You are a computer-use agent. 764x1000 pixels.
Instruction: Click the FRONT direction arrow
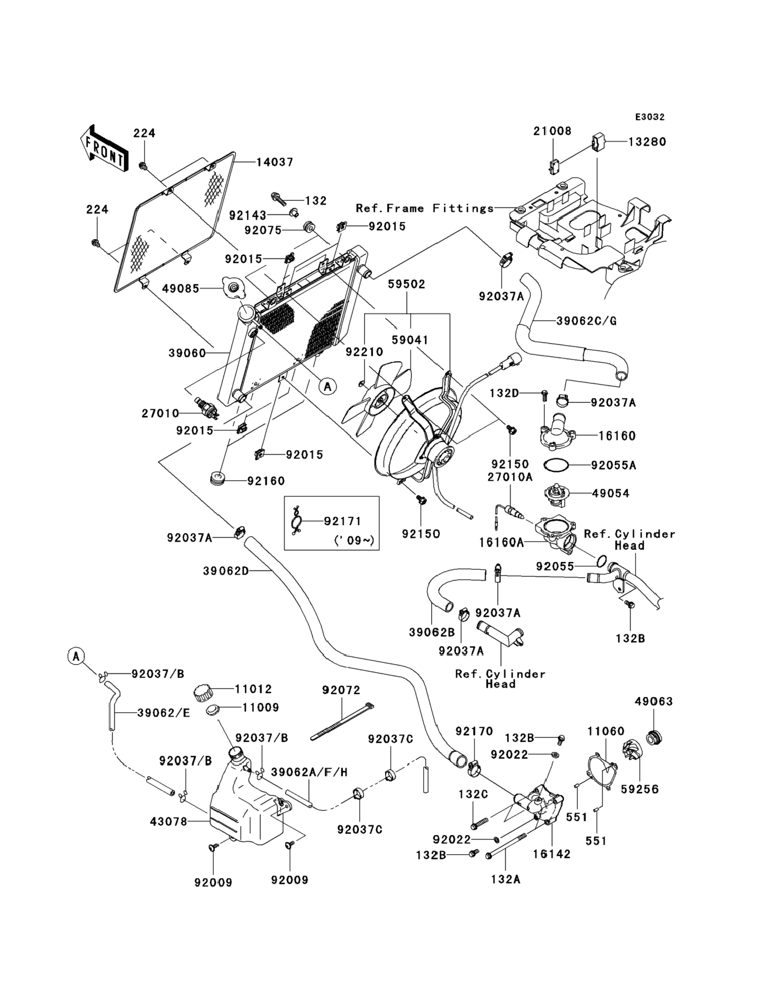104,149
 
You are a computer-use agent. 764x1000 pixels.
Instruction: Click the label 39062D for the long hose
226,571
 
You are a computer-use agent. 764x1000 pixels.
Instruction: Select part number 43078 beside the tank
168,822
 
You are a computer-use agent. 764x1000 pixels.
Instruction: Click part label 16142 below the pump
552,854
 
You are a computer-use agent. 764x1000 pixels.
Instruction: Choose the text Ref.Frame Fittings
425,208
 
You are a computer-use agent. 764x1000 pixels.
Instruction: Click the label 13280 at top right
647,142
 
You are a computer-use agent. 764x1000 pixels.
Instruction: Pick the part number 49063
653,702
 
